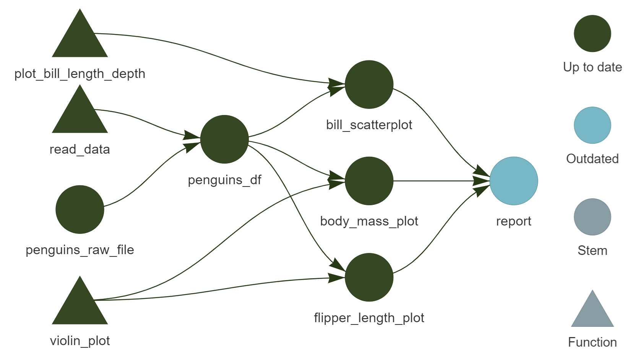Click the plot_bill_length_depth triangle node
click(x=80, y=38)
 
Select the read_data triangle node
click(x=80, y=114)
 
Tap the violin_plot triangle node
click(x=80, y=305)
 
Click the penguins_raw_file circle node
click(x=80, y=209)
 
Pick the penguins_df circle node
click(x=224, y=139)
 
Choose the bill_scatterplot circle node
click(x=369, y=84)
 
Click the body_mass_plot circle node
click(x=369, y=181)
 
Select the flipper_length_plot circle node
click(x=369, y=277)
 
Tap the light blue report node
click(x=514, y=181)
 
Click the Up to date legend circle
click(x=592, y=34)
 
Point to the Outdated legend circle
click(x=592, y=125)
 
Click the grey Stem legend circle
click(x=592, y=217)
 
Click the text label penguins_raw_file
click(x=80, y=250)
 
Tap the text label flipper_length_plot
click(x=369, y=318)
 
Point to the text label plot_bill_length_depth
click(x=80, y=73)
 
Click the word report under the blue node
click(x=514, y=221)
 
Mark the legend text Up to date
click(x=592, y=67)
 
